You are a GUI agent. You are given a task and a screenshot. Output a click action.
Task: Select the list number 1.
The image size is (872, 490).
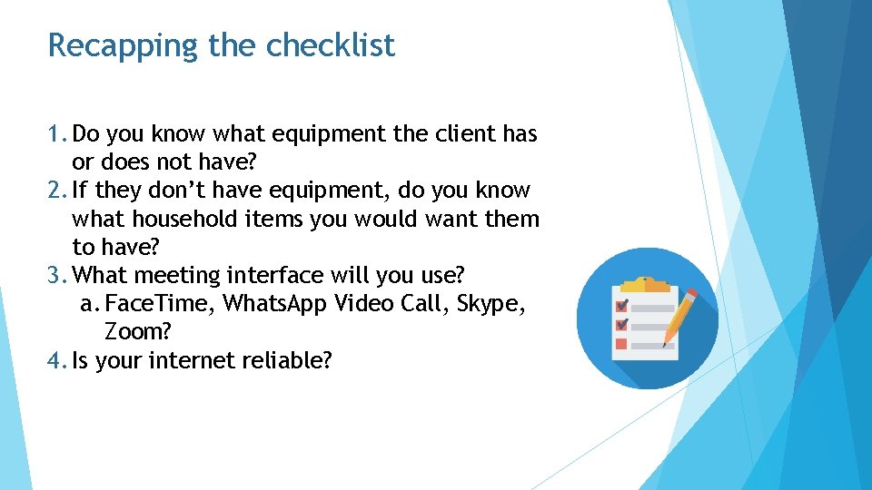54,134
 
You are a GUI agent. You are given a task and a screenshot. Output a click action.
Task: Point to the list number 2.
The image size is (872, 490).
54,191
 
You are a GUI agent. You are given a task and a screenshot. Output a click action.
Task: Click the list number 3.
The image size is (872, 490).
54,275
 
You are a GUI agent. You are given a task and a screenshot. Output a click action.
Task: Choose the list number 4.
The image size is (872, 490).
54,360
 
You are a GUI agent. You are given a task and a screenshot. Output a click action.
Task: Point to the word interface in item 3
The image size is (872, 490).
273,275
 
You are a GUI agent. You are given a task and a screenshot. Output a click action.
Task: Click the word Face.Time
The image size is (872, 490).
159,303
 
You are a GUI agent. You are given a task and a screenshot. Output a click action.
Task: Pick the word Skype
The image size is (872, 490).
490,304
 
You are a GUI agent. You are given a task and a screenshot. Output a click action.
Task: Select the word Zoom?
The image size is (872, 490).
133,331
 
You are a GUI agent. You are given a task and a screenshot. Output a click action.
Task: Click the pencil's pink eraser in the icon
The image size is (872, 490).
691,295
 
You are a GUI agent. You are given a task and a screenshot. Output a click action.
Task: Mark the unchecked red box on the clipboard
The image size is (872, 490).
621,344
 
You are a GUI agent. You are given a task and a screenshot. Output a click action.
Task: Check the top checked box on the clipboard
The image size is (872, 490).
622,305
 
